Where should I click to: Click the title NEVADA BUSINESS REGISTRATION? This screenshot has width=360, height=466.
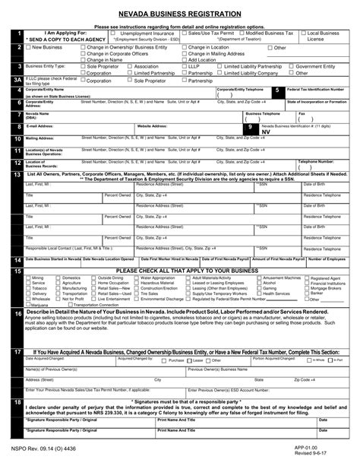coord(180,14)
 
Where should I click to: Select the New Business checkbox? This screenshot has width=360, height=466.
coord(30,47)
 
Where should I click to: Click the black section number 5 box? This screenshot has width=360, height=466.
coord(278,90)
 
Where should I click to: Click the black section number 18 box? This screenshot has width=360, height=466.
coord(17,402)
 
